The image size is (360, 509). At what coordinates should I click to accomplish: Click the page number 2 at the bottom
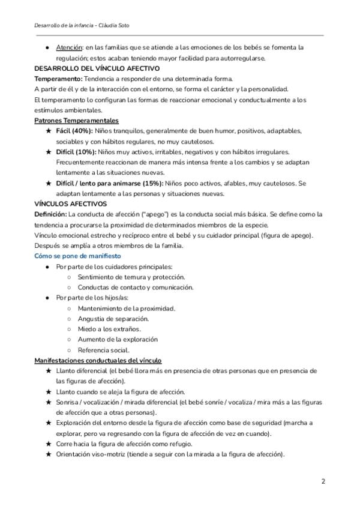click(323, 481)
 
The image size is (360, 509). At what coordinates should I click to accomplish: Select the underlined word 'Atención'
click(69, 47)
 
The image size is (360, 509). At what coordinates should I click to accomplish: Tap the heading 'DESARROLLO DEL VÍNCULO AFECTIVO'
click(97, 68)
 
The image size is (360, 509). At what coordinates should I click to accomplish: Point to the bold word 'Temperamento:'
click(58, 79)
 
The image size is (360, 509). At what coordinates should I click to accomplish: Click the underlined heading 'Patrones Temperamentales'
click(76, 121)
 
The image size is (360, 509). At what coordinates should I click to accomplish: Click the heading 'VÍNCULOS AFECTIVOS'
click(71, 204)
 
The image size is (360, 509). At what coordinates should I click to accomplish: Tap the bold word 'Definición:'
click(51, 214)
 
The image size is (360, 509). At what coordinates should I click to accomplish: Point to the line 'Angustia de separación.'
click(113, 318)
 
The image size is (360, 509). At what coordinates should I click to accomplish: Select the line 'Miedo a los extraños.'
click(109, 328)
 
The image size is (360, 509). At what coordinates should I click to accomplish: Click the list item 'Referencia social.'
click(103, 349)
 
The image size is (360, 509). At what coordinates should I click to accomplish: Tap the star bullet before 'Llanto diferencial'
click(48, 371)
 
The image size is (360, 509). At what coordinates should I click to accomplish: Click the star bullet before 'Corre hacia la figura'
click(48, 444)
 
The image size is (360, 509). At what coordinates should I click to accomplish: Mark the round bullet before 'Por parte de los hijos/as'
click(47, 298)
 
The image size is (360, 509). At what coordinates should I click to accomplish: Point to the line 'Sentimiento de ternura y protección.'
click(131, 277)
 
